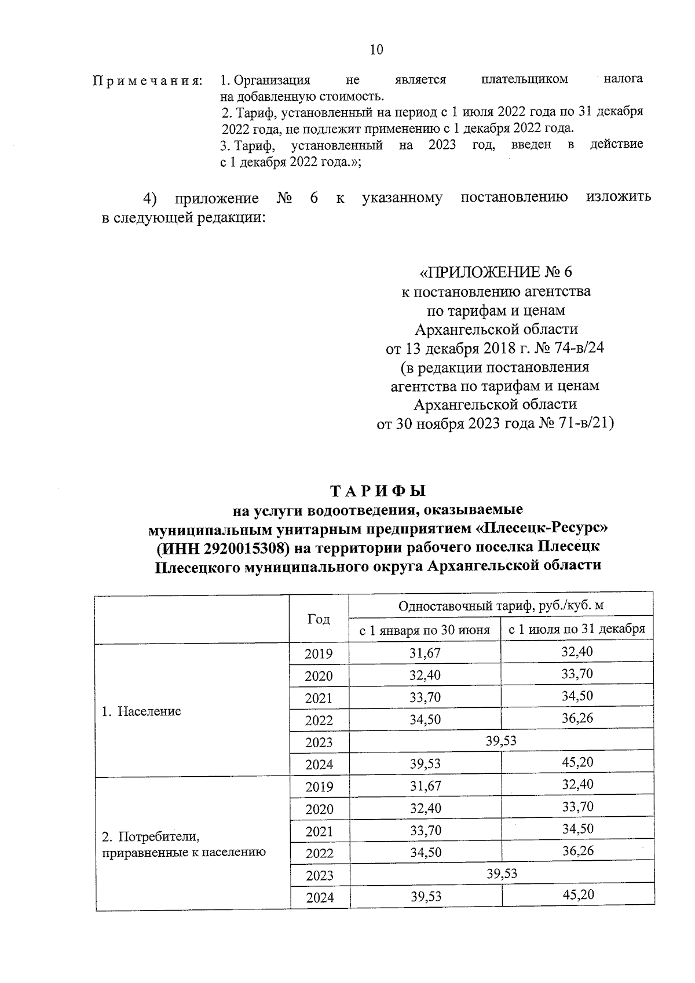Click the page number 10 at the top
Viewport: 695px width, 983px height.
point(376,50)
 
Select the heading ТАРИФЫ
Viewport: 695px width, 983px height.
point(378,491)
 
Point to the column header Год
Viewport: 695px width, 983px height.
point(319,619)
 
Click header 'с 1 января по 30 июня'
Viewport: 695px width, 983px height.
point(425,630)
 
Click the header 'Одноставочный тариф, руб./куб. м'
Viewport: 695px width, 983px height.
point(501,606)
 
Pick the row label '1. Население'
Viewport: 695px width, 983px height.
point(141,711)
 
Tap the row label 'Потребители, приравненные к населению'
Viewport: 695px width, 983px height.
point(184,845)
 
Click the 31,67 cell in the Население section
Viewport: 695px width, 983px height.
point(425,653)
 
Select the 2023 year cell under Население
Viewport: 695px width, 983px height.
point(319,743)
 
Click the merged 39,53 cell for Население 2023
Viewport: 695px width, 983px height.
point(501,741)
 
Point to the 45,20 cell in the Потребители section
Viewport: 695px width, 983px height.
point(578,895)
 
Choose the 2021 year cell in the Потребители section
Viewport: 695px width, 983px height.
point(319,832)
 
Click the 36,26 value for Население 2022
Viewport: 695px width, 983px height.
point(577,718)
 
